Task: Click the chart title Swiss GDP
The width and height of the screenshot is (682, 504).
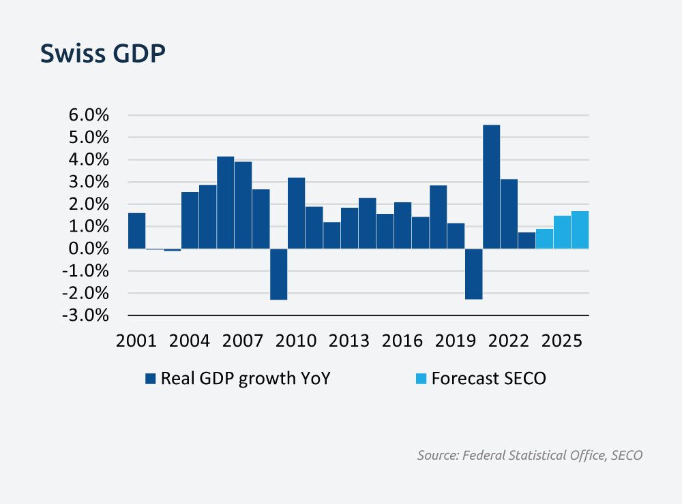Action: (x=103, y=54)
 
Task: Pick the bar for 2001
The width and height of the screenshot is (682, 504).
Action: (x=136, y=231)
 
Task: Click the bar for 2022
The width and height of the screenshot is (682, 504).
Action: (x=509, y=214)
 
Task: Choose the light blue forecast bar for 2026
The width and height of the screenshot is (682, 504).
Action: (x=580, y=230)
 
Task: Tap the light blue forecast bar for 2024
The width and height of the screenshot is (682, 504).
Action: (x=544, y=238)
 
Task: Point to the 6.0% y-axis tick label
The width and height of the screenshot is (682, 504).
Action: (x=89, y=115)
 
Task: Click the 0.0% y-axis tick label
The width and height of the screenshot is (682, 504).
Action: (x=89, y=249)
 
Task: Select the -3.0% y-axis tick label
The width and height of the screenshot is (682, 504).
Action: (x=87, y=315)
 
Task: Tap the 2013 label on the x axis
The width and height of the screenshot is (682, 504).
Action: (x=349, y=341)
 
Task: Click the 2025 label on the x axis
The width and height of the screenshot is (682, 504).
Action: (x=562, y=341)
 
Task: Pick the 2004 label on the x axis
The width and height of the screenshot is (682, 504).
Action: (x=190, y=341)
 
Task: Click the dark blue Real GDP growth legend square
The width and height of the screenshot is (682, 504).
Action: (x=151, y=379)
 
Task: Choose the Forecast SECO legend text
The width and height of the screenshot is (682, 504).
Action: (x=488, y=379)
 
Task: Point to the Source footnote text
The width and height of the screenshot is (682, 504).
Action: (x=529, y=455)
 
